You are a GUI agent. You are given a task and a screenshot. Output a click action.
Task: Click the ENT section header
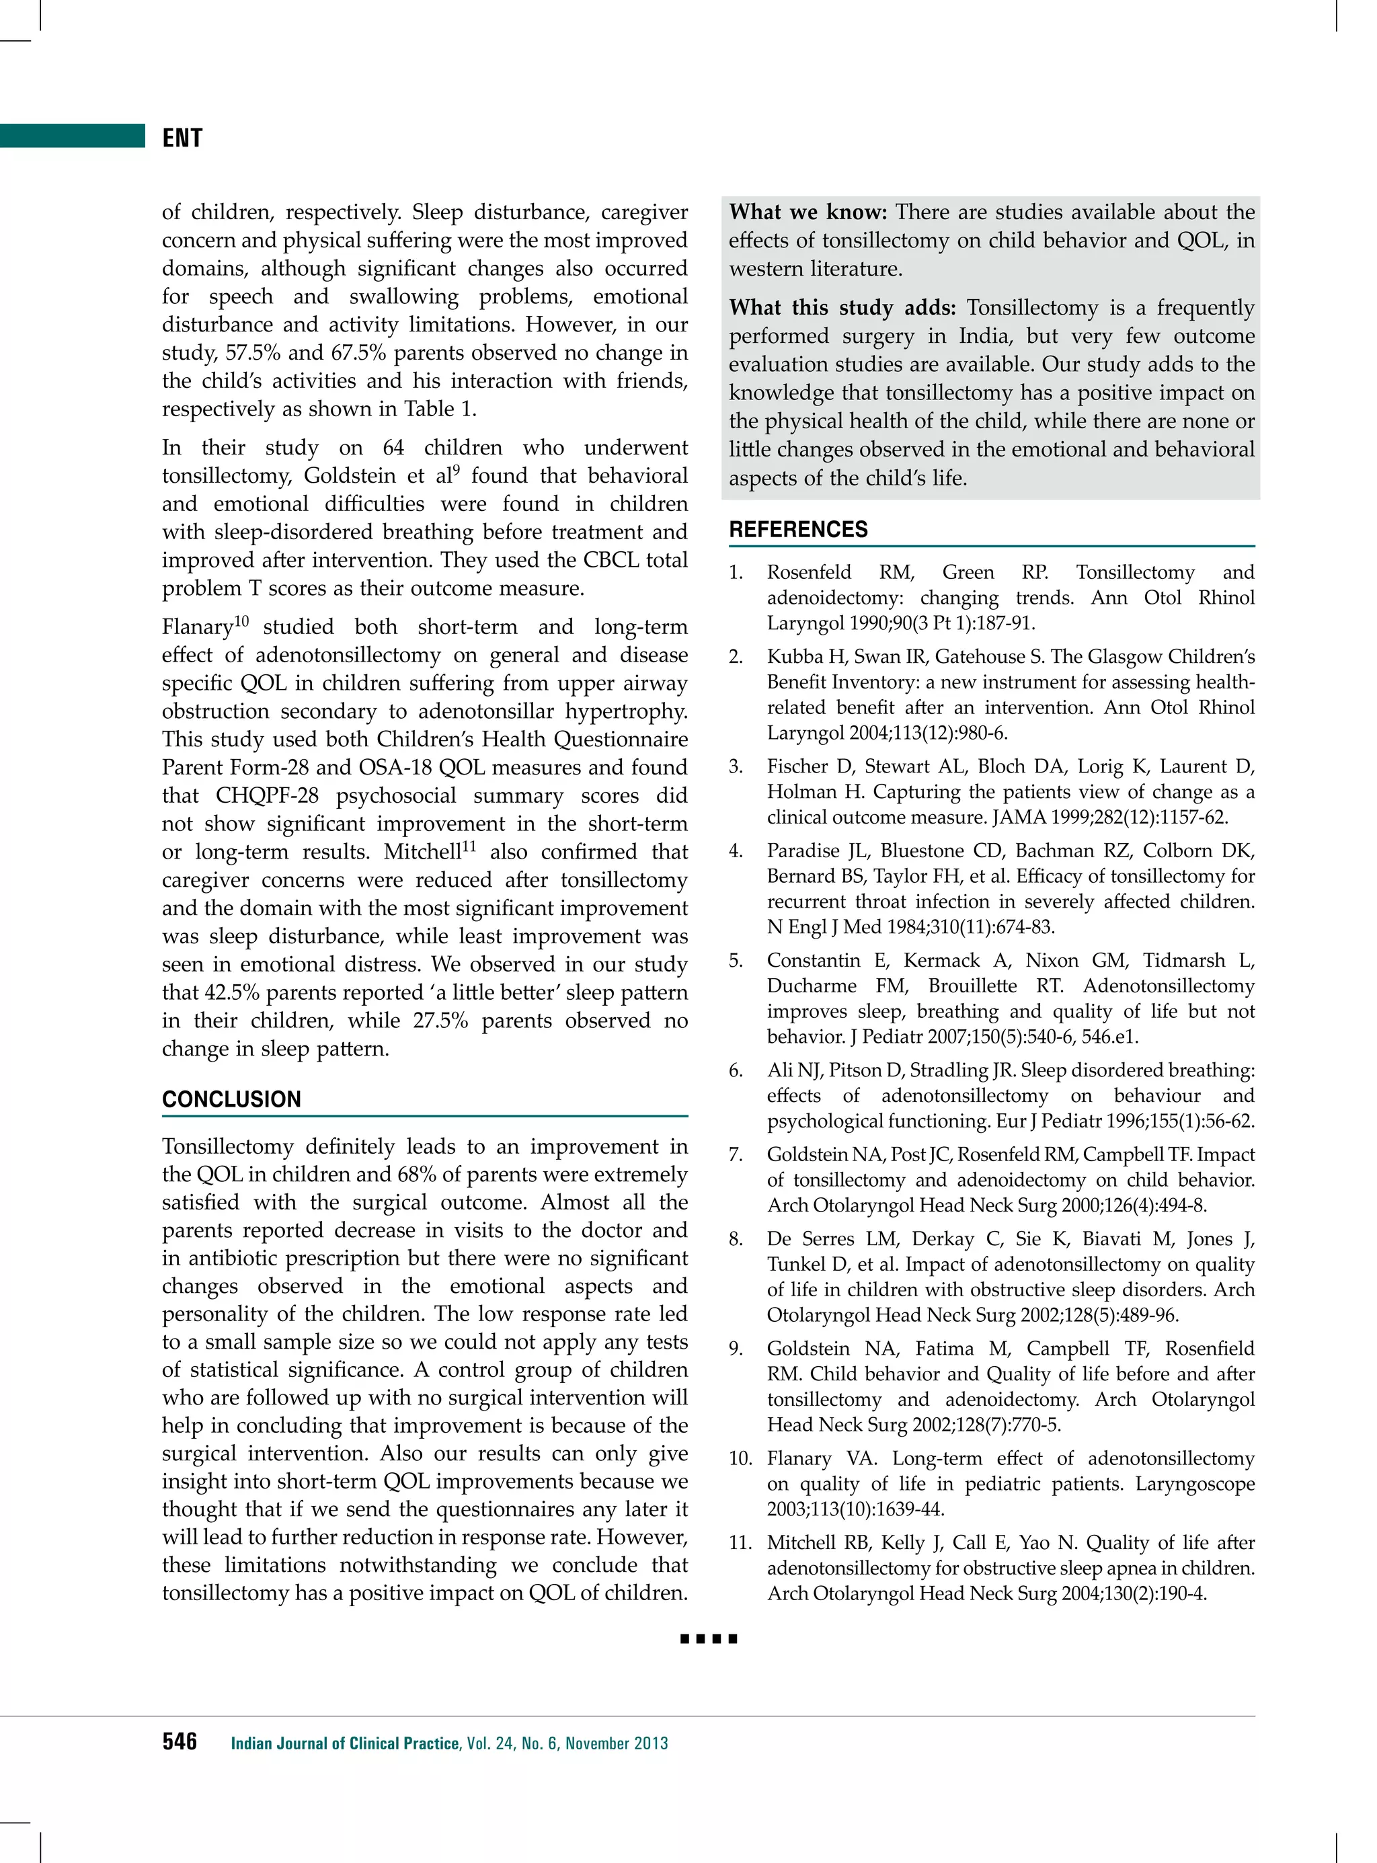point(182,138)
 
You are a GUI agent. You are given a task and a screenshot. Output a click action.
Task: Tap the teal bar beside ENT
point(73,135)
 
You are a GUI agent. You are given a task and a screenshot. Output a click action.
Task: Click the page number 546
point(180,1741)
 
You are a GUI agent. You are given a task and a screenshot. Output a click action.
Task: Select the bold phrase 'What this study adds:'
point(842,307)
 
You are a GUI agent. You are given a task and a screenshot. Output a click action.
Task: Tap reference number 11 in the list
point(740,1542)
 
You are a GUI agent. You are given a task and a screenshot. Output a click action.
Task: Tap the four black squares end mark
point(709,1638)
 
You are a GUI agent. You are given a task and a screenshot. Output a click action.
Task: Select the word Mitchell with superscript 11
point(422,853)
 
